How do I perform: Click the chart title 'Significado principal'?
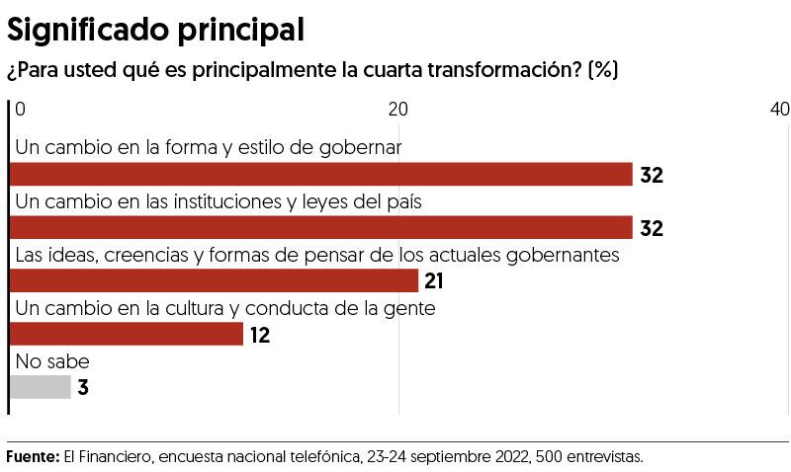click(155, 30)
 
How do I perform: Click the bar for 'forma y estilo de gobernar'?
click(320, 175)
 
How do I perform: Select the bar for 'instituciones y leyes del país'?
click(320, 228)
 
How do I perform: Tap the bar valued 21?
click(214, 281)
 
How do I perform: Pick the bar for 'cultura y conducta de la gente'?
click(126, 335)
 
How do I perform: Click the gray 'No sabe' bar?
click(40, 388)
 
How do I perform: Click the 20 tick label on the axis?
click(399, 109)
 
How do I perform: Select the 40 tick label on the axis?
click(779, 109)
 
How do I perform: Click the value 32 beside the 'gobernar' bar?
click(651, 176)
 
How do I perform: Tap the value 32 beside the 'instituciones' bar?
click(651, 229)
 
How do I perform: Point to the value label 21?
click(433, 282)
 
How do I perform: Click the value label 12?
click(259, 336)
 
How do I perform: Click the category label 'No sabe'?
click(52, 361)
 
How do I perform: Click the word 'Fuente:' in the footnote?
click(33, 457)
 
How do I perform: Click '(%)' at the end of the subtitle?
click(602, 72)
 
